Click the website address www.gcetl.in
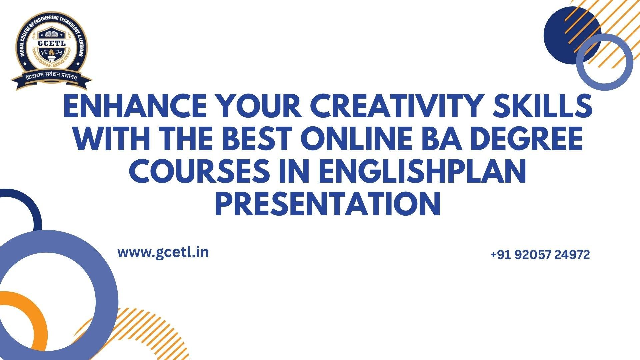(x=163, y=252)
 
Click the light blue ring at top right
(x=581, y=62)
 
